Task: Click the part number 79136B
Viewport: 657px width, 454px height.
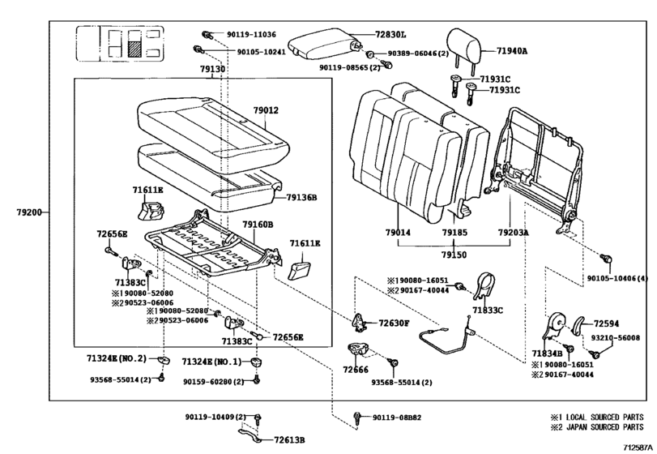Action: pos(301,197)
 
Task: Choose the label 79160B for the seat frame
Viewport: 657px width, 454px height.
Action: pos(258,224)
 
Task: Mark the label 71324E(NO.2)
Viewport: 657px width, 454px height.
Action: pos(117,358)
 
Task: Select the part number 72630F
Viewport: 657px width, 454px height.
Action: pos(395,323)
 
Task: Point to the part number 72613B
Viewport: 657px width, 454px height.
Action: pos(289,439)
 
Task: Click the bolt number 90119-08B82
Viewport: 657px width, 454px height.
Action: pos(397,417)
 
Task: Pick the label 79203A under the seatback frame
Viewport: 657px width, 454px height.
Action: pos(513,232)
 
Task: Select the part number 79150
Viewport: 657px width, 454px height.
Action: pos(454,254)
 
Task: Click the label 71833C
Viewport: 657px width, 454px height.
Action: pos(488,310)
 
